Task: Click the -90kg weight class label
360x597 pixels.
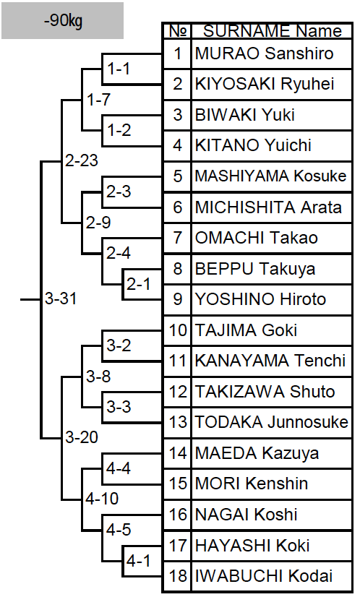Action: point(63,20)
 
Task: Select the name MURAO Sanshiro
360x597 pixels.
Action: point(264,53)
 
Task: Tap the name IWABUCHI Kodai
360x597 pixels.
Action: point(264,575)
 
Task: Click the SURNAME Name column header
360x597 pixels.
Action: point(273,31)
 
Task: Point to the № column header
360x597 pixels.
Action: point(177,31)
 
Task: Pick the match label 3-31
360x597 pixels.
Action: point(61,298)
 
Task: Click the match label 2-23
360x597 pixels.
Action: point(82,160)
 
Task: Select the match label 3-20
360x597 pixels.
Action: point(82,437)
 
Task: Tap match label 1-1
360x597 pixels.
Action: point(119,69)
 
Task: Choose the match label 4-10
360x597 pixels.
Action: point(102,499)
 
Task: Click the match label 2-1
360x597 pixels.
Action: point(139,284)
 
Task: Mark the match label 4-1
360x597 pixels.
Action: point(139,561)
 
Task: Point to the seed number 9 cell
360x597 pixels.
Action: point(178,299)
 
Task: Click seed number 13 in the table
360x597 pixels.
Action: point(178,422)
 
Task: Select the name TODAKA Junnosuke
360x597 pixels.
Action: point(272,422)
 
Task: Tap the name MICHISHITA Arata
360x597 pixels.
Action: point(268,207)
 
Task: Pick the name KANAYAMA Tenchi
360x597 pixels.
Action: point(270,361)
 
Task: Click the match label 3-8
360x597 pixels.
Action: point(98,376)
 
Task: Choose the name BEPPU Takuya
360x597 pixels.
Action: point(255,269)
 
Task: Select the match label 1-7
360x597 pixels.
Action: point(98,99)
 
